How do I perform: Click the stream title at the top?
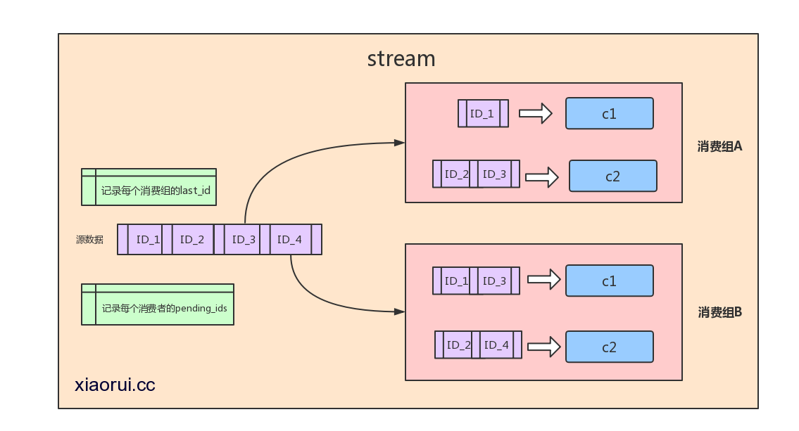(401, 58)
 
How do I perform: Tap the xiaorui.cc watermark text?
(115, 385)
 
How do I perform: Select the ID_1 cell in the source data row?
(149, 240)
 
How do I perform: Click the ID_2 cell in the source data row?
(192, 240)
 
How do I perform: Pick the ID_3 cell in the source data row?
(244, 240)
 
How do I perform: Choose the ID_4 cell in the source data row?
(289, 240)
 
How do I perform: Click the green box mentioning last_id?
(149, 187)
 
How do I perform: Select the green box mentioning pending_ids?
(158, 304)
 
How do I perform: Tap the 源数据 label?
(90, 240)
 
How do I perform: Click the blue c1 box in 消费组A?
(610, 113)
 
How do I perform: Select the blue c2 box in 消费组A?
(613, 176)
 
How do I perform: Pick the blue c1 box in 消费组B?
(610, 281)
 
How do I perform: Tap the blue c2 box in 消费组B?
(610, 347)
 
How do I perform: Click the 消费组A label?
(719, 147)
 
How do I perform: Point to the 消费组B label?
(719, 312)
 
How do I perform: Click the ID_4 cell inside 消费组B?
(496, 345)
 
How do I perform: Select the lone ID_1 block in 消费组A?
(483, 113)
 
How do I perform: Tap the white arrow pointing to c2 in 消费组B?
(543, 346)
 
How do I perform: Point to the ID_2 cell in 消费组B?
(459, 345)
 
